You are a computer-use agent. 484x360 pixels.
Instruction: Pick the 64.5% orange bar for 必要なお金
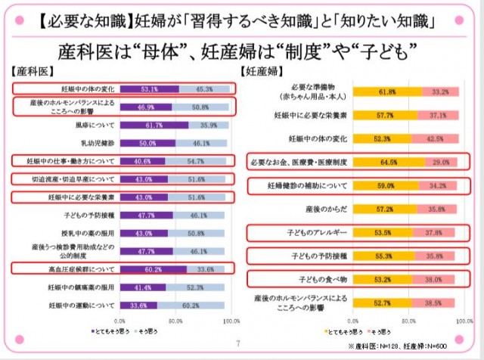[366, 162]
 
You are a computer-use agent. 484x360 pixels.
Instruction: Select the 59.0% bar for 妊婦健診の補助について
[362, 185]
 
